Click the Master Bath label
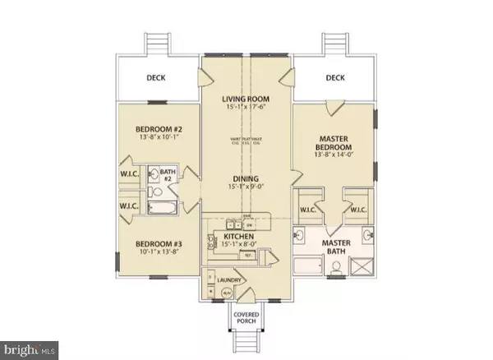click(337, 247)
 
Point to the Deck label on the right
click(335, 80)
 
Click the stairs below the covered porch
click(246, 341)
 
